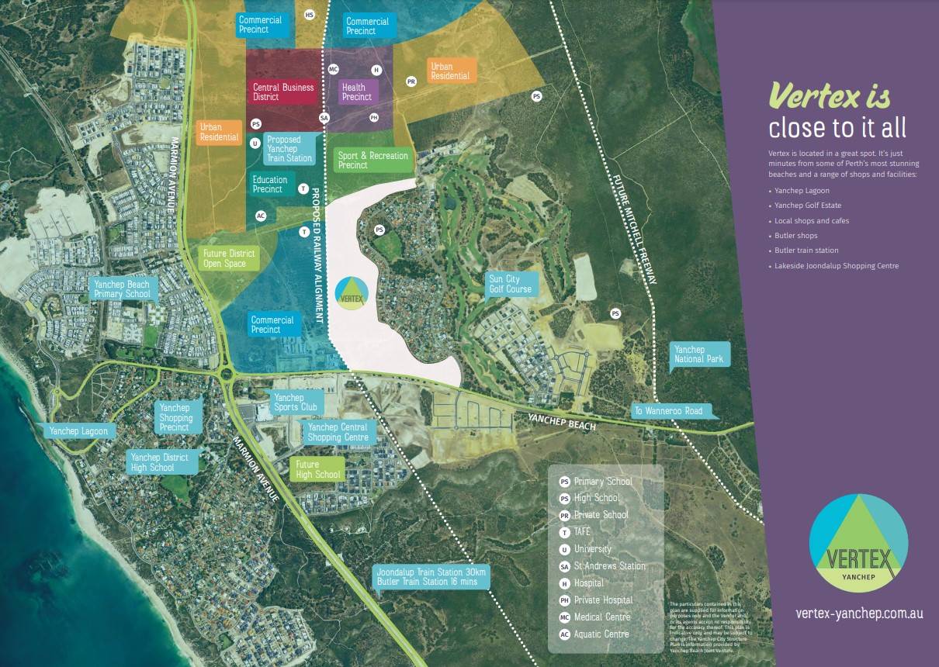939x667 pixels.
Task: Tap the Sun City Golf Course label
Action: coord(510,284)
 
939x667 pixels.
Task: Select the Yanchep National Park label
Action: coord(698,354)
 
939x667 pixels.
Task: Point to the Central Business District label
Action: coord(283,92)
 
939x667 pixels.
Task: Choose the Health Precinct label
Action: coord(357,92)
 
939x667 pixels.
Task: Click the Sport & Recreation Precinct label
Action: coord(372,161)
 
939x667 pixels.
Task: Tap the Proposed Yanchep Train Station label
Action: coord(289,149)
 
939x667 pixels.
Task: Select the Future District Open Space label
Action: coord(228,258)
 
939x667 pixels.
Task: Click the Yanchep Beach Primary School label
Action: coord(122,289)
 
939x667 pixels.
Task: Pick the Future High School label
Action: coord(317,469)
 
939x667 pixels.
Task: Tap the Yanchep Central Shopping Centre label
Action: coord(338,432)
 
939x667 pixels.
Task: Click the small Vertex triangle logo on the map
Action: coord(351,292)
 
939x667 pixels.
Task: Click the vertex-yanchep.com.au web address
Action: coord(859,613)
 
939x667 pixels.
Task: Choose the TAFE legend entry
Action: coord(582,532)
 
